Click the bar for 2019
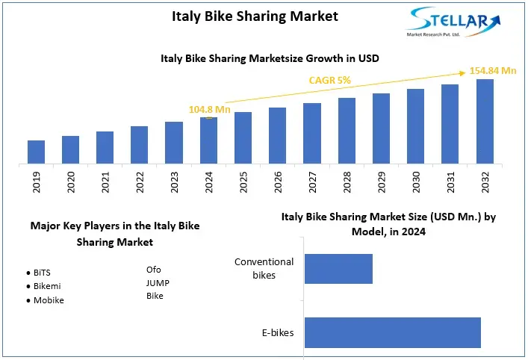pos(37,152)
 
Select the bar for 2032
pos(485,121)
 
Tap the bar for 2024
pos(208,140)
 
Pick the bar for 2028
pos(347,131)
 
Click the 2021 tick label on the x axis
pos(105,181)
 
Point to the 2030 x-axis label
pos(416,181)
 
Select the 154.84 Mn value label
pos(493,71)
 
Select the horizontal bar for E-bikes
pos(392,332)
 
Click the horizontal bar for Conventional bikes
pos(338,268)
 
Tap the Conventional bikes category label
pos(264,268)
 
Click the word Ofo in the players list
pos(153,269)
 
